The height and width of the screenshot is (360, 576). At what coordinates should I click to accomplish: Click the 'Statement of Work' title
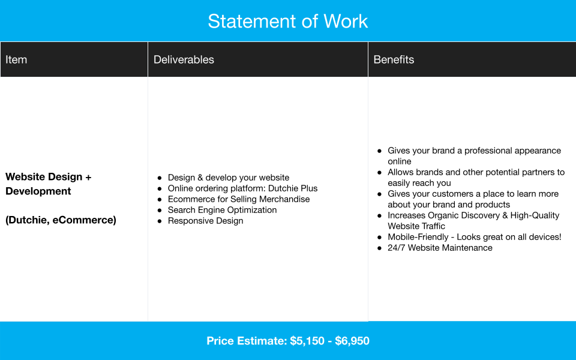tap(288, 22)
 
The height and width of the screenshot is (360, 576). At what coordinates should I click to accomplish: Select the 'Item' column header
tap(16, 59)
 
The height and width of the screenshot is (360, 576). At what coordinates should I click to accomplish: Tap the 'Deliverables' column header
tap(184, 59)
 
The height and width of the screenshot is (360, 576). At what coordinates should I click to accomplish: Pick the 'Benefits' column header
tap(394, 59)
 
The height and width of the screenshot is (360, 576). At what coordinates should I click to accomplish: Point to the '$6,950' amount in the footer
tap(352, 341)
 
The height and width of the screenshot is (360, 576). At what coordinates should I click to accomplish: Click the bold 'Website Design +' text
tap(49, 177)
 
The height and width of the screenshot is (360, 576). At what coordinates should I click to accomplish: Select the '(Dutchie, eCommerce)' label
tap(61, 220)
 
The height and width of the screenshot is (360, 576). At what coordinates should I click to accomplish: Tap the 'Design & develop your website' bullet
tap(229, 178)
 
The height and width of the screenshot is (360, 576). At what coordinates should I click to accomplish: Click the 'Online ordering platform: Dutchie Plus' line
tap(242, 188)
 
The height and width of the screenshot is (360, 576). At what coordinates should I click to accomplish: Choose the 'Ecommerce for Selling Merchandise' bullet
tap(239, 199)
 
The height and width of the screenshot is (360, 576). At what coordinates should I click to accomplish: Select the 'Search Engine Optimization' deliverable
tap(222, 210)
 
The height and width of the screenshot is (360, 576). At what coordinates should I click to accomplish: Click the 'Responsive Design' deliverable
tap(205, 221)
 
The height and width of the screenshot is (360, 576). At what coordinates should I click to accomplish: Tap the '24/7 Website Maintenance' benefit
tap(440, 248)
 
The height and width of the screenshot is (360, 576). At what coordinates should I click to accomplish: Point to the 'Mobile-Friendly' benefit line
tap(474, 237)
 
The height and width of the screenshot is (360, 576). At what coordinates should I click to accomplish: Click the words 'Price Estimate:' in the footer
tap(247, 341)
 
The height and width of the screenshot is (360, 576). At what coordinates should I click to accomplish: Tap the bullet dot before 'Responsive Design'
tap(160, 221)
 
